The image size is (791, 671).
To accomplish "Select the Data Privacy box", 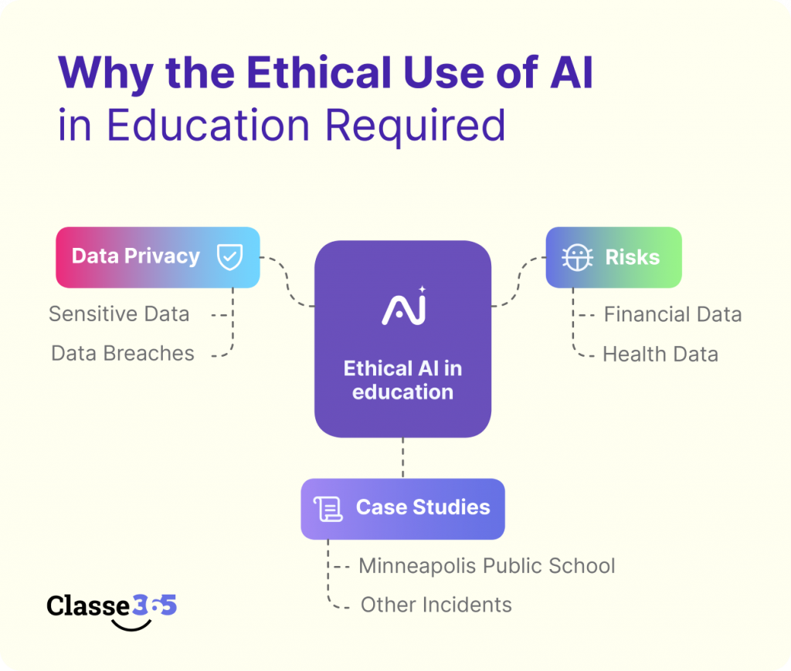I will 158,257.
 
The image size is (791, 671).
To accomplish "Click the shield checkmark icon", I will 229,257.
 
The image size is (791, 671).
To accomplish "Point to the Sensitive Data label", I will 119,314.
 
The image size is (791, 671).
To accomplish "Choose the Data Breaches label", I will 123,354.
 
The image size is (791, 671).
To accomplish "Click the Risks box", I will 613,257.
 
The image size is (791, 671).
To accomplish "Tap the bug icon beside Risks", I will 578,257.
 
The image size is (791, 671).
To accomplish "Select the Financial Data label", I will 672,315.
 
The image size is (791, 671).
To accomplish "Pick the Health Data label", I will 660,354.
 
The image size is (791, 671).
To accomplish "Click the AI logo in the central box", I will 403,307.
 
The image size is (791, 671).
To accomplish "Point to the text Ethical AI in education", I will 402,380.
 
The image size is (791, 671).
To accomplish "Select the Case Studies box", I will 402,508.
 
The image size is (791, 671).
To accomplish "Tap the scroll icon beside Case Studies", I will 328,509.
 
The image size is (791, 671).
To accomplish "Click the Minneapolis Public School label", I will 487,566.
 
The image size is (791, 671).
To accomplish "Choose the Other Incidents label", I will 436,605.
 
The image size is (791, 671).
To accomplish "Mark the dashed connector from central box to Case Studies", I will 402,458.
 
